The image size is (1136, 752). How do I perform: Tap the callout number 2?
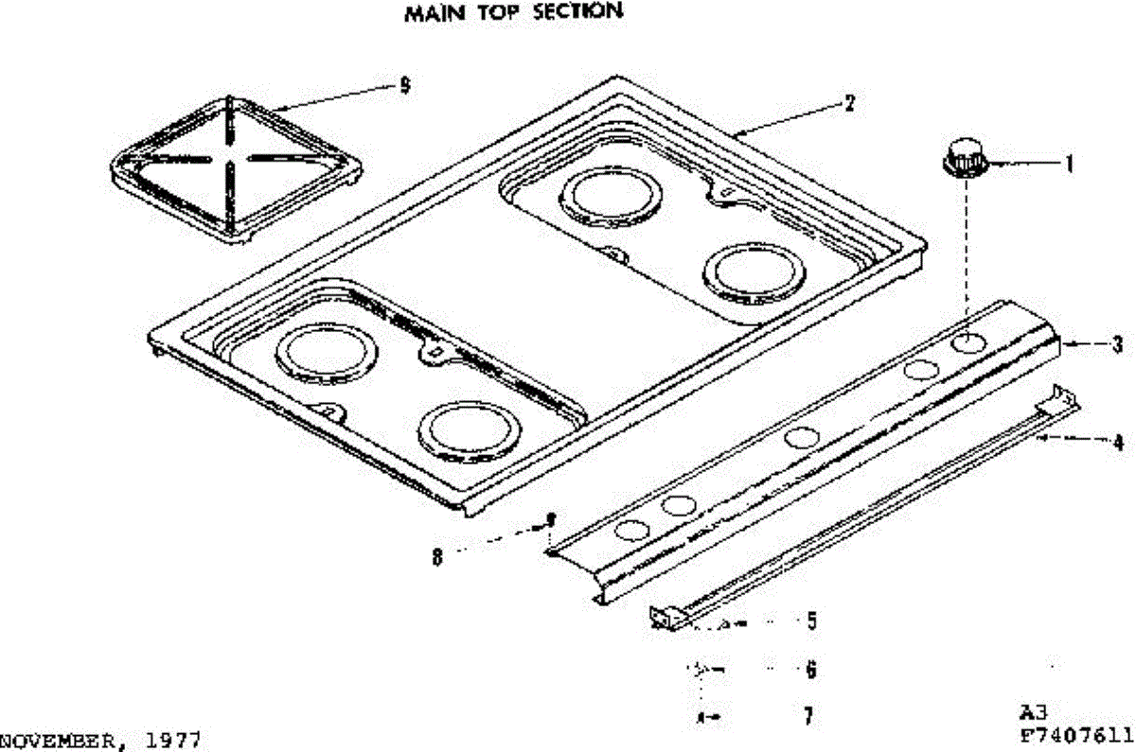tap(849, 103)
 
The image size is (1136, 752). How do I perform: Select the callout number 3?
tap(1117, 344)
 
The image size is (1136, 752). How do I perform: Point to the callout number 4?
tap(1118, 443)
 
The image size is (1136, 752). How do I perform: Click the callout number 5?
tap(812, 621)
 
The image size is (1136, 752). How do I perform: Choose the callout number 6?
tap(811, 670)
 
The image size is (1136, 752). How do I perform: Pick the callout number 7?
tap(808, 715)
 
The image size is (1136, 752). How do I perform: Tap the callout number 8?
tap(437, 557)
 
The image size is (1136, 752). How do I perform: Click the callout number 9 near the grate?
tap(405, 85)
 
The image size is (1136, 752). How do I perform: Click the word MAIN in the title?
tap(435, 13)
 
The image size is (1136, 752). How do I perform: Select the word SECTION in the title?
tap(578, 10)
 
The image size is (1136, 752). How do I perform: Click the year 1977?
tap(172, 741)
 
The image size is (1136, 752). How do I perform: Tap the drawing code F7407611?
tap(1076, 735)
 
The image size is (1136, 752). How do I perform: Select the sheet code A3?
tap(1033, 712)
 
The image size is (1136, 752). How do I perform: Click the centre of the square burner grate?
tap(230, 160)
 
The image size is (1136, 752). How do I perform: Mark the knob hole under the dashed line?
tap(968, 343)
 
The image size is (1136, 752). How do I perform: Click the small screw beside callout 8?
tap(550, 519)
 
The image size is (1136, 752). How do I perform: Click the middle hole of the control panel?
tap(802, 437)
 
